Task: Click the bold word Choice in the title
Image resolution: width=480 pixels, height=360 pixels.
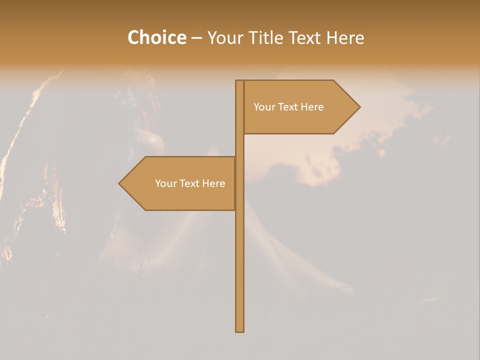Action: (x=156, y=38)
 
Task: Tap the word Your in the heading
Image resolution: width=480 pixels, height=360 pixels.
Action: (x=226, y=38)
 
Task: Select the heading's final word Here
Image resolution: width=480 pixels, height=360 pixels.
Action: (x=345, y=38)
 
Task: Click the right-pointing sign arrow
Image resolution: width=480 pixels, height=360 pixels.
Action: (x=300, y=107)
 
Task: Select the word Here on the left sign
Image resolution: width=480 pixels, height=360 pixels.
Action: (x=213, y=183)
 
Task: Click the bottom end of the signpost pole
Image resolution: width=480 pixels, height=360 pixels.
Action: (x=240, y=329)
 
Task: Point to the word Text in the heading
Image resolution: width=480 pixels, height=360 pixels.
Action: (x=306, y=38)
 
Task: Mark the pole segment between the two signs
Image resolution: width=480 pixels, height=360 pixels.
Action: (x=240, y=145)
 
